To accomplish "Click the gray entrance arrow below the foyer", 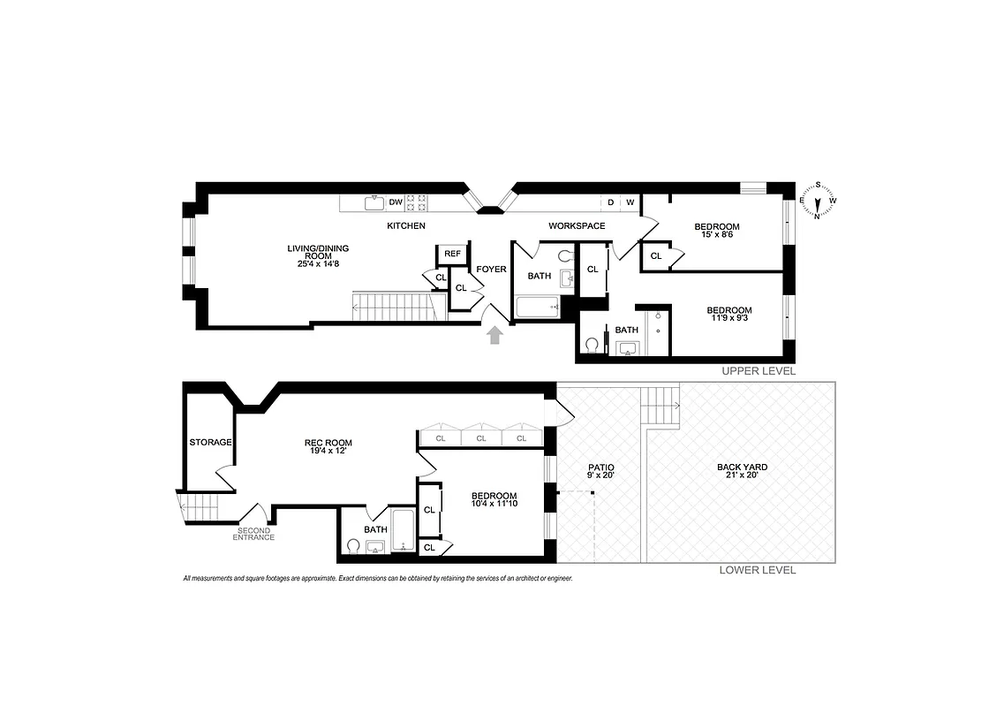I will pyautogui.click(x=495, y=334).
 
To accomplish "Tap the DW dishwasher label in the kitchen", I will pyautogui.click(x=396, y=202).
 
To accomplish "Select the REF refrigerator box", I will pyautogui.click(x=452, y=254).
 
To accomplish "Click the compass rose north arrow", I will pyautogui.click(x=819, y=206).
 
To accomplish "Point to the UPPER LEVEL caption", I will pyautogui.click(x=759, y=371).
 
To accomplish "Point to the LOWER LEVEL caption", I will pyautogui.click(x=758, y=570).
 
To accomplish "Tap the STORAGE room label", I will pyautogui.click(x=210, y=442).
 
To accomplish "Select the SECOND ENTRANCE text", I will pyautogui.click(x=253, y=534).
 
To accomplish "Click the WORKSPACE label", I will pyautogui.click(x=577, y=226).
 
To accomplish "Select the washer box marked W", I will pyautogui.click(x=630, y=202).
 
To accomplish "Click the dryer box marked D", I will pyautogui.click(x=610, y=202).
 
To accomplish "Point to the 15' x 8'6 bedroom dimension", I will pyautogui.click(x=716, y=235).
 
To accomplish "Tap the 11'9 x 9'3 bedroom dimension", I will pyautogui.click(x=728, y=319).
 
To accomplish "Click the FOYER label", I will pyautogui.click(x=491, y=270).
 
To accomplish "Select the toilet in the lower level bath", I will pyautogui.click(x=354, y=547).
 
